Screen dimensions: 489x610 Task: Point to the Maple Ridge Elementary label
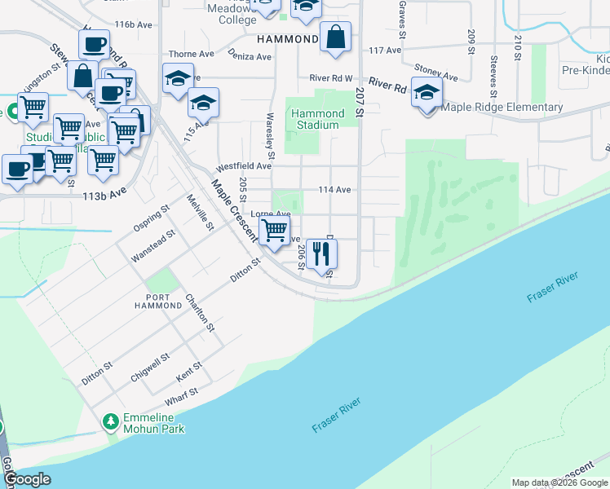[502, 107]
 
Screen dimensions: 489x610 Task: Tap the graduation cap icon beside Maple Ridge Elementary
[427, 91]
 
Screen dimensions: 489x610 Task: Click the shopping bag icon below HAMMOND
[335, 37]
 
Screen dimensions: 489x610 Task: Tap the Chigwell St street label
[150, 368]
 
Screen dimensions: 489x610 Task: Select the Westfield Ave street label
[242, 165]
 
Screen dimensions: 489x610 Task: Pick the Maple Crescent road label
[234, 210]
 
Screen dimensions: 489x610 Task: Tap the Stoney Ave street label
[435, 73]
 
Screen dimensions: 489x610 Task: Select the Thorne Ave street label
[191, 54]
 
